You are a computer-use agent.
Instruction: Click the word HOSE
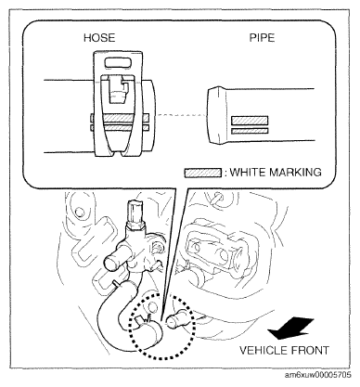point(99,38)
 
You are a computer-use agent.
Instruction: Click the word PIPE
point(262,38)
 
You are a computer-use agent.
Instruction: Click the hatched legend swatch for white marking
point(203,173)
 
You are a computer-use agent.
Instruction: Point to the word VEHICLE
point(264,351)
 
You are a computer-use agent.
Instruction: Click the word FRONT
point(309,351)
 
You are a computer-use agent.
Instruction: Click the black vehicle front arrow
point(290,329)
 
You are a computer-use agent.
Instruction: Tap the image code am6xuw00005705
point(317,375)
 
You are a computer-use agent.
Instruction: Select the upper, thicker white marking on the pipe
point(250,121)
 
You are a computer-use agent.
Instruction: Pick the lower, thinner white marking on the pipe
point(250,131)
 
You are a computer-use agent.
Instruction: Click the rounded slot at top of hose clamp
point(120,63)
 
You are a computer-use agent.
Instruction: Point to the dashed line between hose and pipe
point(182,115)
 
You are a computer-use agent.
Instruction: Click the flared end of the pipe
point(215,115)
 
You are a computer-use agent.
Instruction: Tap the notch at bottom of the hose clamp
point(118,152)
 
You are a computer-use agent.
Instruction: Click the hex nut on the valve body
point(135,226)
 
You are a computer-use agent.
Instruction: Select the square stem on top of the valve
point(135,210)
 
